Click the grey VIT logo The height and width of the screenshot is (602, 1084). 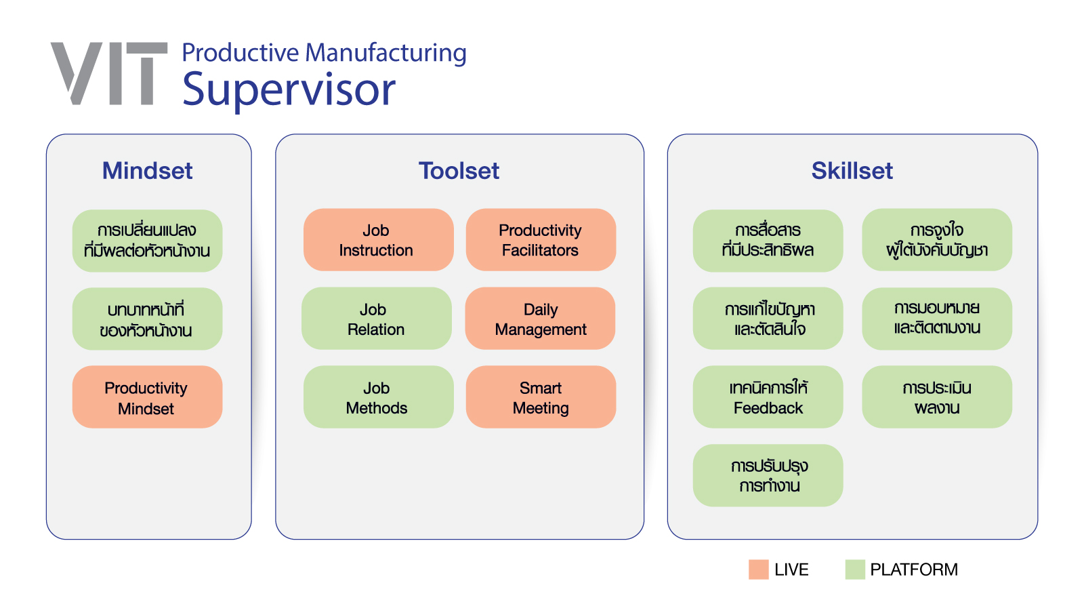pyautogui.click(x=109, y=73)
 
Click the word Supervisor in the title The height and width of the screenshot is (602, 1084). pyautogui.click(x=289, y=91)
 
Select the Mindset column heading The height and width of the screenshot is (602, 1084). pyautogui.click(x=147, y=170)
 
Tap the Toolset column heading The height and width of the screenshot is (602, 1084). pyautogui.click(x=459, y=170)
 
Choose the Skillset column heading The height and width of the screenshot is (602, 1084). pyautogui.click(x=852, y=170)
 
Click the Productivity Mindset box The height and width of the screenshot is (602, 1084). pyautogui.click(x=147, y=397)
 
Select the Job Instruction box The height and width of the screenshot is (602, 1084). pyautogui.click(x=379, y=240)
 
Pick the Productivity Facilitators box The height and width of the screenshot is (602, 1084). pyautogui.click(x=541, y=240)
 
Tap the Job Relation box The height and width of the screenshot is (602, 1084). pyautogui.click(x=377, y=318)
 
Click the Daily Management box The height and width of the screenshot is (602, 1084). pyautogui.click(x=540, y=318)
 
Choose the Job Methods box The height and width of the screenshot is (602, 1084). pyautogui.click(x=379, y=397)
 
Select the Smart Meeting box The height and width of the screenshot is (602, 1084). pyautogui.click(x=541, y=397)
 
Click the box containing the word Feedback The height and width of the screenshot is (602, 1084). pyautogui.click(x=768, y=397)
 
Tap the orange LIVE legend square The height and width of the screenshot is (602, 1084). pyautogui.click(x=758, y=569)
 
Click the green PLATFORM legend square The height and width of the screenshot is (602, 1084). pyautogui.click(x=855, y=569)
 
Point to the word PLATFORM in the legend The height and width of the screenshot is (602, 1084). pyautogui.click(x=914, y=569)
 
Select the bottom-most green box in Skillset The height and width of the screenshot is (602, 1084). pyautogui.click(x=768, y=476)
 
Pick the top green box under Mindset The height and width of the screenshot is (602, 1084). pyautogui.click(x=147, y=241)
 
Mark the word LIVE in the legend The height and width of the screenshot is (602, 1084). pyautogui.click(x=791, y=569)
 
